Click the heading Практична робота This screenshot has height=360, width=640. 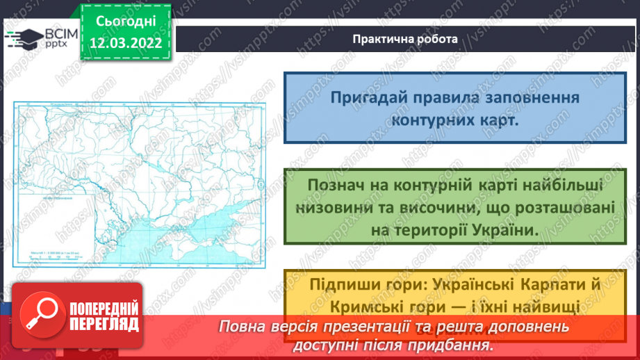point(404,39)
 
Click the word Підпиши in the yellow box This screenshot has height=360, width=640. point(331,284)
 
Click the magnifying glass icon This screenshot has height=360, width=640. point(40,317)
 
